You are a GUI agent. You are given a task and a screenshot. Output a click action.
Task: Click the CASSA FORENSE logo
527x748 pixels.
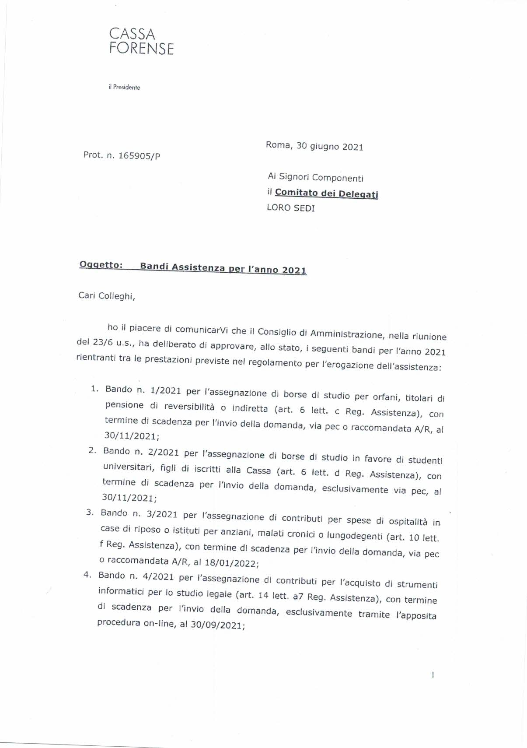click(x=141, y=41)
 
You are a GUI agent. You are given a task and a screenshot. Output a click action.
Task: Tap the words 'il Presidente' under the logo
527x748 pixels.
click(x=124, y=88)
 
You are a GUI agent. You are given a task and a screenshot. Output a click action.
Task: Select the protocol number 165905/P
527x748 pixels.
click(x=139, y=156)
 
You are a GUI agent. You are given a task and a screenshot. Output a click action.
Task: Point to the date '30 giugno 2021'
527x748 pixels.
click(x=330, y=147)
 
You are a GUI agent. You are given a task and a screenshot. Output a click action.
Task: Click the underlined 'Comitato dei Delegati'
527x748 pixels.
click(x=326, y=193)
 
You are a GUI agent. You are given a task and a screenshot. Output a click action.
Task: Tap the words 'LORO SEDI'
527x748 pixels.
click(x=290, y=208)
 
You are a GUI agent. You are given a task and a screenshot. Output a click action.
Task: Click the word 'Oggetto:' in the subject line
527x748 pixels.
click(x=101, y=265)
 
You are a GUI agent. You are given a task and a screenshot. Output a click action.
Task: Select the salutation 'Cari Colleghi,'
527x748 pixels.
click(x=107, y=296)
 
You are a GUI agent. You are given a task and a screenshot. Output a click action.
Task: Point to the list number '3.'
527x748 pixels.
click(x=91, y=512)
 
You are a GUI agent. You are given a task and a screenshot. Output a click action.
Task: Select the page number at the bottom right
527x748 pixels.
click(x=433, y=675)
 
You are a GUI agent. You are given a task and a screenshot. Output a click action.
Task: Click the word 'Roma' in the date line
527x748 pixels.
click(x=278, y=145)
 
